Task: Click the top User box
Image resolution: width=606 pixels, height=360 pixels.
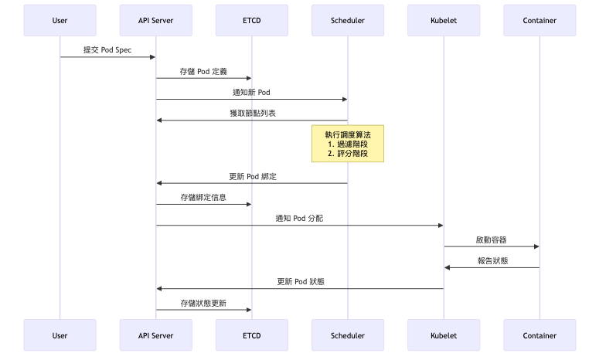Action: pos(60,20)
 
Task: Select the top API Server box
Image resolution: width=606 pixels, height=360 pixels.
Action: pos(155,20)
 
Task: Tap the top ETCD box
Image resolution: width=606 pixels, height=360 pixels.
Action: pos(251,20)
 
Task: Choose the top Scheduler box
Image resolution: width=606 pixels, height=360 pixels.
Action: pos(347,20)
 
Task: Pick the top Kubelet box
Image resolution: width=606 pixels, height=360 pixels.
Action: pos(443,20)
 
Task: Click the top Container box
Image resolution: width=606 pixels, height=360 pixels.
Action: pos(539,20)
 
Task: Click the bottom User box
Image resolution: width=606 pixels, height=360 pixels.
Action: pos(60,335)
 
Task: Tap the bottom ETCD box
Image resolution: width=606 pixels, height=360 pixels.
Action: pos(251,335)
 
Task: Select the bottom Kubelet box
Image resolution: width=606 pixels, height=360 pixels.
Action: pos(443,335)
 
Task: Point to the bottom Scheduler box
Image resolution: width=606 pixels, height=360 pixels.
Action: pos(347,335)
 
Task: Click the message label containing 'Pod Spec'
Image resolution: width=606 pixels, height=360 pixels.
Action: pos(107,49)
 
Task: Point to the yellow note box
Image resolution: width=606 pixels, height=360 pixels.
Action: pos(347,144)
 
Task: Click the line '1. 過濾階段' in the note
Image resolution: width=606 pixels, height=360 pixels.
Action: pos(347,144)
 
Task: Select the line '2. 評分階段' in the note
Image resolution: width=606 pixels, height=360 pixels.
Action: pos(347,154)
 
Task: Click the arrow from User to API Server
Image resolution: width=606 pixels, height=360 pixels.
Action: pos(107,57)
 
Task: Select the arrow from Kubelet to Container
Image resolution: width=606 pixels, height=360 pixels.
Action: pos(491,246)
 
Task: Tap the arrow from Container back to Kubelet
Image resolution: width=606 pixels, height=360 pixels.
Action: pos(491,267)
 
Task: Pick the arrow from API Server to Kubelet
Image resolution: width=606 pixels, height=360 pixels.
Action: pos(299,226)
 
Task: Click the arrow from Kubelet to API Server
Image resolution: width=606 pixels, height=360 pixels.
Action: pos(299,288)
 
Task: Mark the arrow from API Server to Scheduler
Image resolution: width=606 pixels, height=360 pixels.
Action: pos(251,99)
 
